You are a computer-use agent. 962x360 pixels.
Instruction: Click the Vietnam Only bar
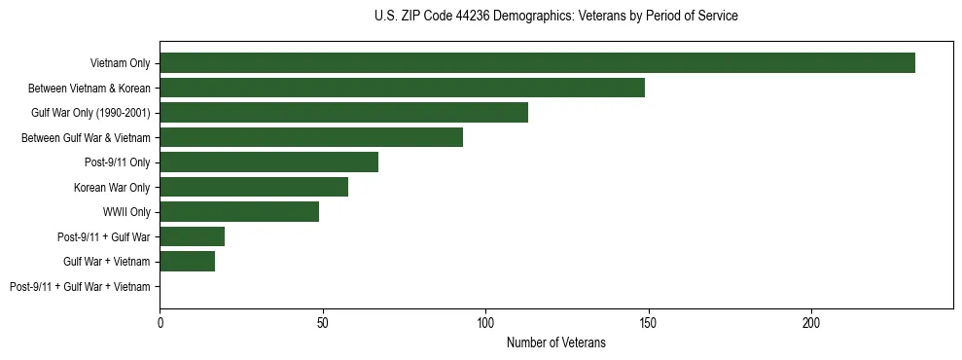537,63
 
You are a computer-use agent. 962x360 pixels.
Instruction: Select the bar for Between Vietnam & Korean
402,88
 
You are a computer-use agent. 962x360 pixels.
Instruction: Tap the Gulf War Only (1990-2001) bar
343,113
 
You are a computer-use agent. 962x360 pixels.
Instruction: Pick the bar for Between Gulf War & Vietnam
311,137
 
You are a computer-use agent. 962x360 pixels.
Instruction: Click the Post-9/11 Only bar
268,162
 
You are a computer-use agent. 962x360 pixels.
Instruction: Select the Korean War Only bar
254,187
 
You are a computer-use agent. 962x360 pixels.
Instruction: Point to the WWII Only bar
239,212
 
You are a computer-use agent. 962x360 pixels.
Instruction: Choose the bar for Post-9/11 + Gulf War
192,236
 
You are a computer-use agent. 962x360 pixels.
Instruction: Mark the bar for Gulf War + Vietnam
187,262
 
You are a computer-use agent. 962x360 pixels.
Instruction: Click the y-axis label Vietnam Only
120,63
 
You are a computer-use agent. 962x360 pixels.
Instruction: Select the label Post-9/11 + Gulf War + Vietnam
80,287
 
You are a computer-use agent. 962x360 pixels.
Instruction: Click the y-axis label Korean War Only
112,187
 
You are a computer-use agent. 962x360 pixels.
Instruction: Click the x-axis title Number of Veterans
555,342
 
